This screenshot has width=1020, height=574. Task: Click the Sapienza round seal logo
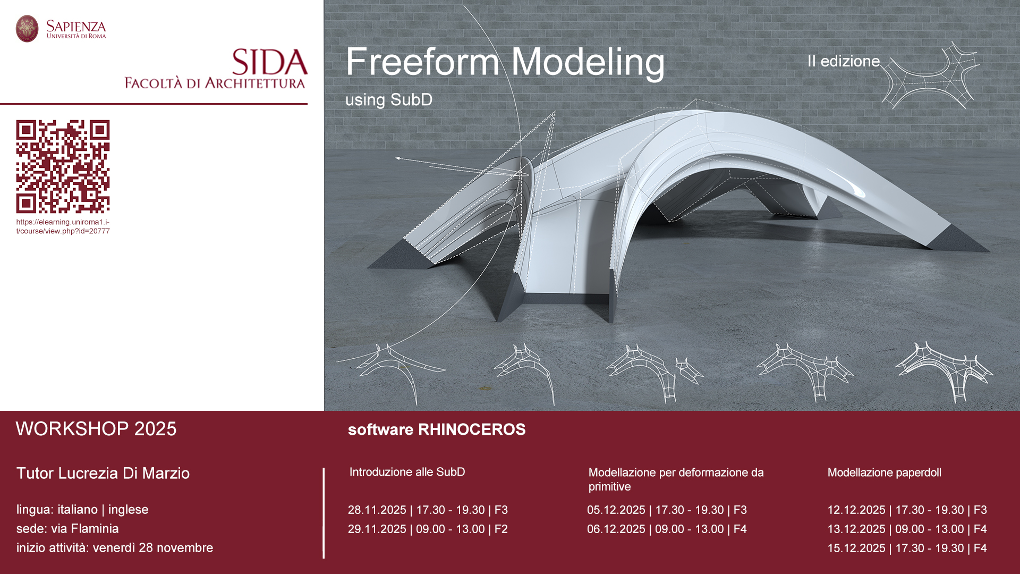(x=27, y=29)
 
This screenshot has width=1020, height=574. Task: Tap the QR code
(x=63, y=166)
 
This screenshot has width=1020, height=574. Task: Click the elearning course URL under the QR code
(x=63, y=226)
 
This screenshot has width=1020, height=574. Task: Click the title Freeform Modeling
(x=505, y=62)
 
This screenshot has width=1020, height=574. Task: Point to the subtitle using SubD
(x=389, y=99)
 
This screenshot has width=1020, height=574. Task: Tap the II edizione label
(x=844, y=61)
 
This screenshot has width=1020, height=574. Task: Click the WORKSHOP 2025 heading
(x=96, y=429)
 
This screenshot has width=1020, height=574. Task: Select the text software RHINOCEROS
(x=437, y=429)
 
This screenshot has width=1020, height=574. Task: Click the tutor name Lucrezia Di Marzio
(x=103, y=473)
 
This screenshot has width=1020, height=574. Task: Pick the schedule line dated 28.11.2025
(x=428, y=510)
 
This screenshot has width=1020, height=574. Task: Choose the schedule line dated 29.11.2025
(x=428, y=529)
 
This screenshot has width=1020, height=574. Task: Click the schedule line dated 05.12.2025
(x=667, y=510)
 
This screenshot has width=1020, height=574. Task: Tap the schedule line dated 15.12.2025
(x=907, y=548)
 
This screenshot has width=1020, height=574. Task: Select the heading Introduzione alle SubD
(x=407, y=472)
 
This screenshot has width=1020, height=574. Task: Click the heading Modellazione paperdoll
(x=884, y=472)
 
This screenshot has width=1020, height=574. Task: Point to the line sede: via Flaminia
(x=67, y=529)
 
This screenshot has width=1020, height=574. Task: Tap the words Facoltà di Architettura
(x=215, y=83)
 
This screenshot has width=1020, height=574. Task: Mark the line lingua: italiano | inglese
(x=82, y=510)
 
